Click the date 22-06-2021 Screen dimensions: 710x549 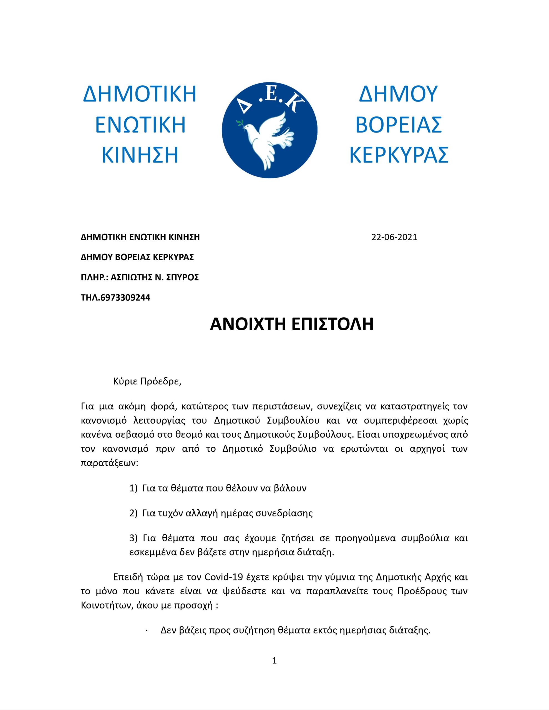[394, 237]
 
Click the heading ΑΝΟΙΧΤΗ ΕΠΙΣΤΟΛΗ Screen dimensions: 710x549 [292, 324]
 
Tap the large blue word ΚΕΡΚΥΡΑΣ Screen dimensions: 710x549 [399, 155]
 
